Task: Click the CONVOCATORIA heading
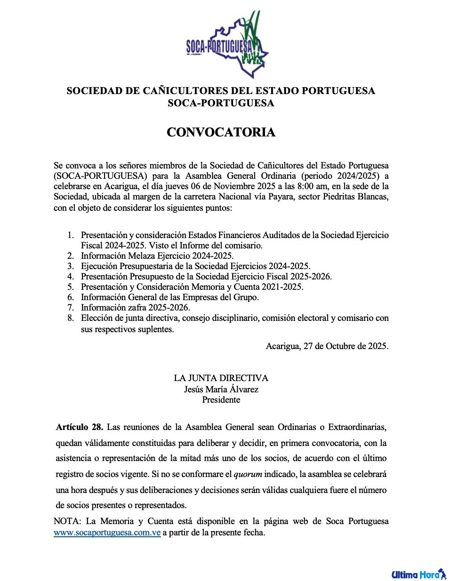[x=221, y=132]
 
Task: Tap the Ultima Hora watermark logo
[x=419, y=574]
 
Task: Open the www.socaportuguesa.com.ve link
[x=107, y=533]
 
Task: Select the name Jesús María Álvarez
[x=221, y=389]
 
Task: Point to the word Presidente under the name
[x=221, y=400]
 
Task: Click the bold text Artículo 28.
[x=79, y=427]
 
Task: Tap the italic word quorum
[x=248, y=474]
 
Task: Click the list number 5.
[x=71, y=287]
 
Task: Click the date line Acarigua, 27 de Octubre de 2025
[x=327, y=346]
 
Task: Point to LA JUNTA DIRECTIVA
[x=221, y=378]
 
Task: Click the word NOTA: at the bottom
[x=67, y=521]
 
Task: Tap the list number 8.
[x=71, y=318]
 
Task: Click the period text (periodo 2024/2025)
[x=341, y=176]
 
